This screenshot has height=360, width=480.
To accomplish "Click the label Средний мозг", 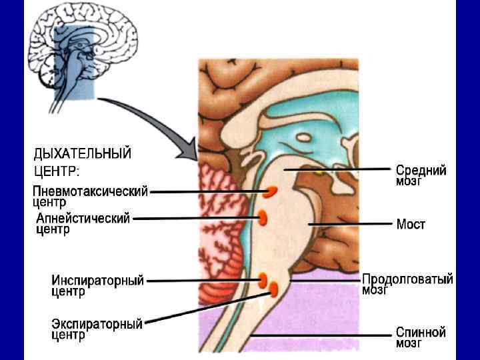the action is [x=421, y=175].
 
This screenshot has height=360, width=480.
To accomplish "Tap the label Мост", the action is [x=411, y=225].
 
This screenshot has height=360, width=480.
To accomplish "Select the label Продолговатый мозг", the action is [x=407, y=283].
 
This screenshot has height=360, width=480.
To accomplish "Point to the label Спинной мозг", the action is [x=420, y=337].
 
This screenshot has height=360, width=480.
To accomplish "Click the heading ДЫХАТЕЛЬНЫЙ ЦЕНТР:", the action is [x=83, y=162].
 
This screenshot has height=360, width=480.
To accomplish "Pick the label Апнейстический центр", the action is [x=82, y=223].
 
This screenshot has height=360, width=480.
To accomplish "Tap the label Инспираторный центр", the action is [x=97, y=286].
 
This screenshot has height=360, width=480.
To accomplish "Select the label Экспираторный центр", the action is [x=97, y=330].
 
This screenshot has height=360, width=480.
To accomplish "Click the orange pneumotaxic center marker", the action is [x=271, y=193].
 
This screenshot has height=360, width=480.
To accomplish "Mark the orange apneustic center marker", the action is [x=263, y=217].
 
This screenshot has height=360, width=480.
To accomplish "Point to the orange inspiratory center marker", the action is [x=263, y=279].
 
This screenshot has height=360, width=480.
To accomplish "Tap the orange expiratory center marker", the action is [x=273, y=289].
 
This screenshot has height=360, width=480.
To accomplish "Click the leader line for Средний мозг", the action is [x=337, y=171].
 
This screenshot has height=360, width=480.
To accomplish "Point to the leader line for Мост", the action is [x=350, y=225].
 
